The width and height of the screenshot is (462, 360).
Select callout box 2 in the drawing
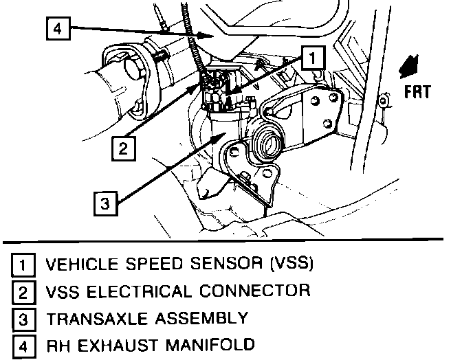click(x=121, y=148)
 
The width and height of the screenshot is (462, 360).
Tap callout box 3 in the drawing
click(x=104, y=203)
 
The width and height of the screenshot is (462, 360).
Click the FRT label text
click(x=418, y=91)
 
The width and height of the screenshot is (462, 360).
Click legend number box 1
click(x=25, y=265)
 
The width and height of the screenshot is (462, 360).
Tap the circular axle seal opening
click(x=265, y=144)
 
